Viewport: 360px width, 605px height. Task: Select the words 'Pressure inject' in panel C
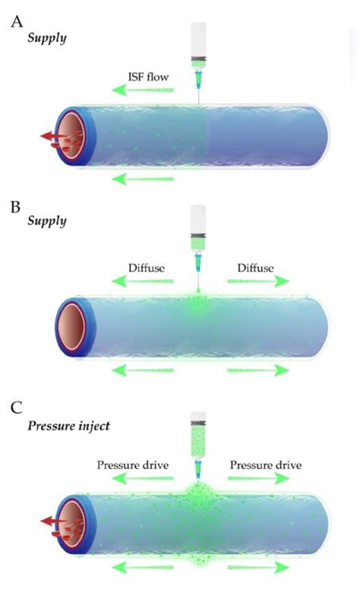coord(69,426)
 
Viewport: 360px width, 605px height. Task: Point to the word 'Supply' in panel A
coord(48,36)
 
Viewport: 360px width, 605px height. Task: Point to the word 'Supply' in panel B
coord(48,221)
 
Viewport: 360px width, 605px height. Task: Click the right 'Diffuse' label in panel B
coord(256,268)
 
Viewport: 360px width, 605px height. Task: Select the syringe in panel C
coord(198,441)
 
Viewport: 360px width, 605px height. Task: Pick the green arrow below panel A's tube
coord(142,179)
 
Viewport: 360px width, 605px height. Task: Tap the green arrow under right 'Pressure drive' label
coord(258,479)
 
